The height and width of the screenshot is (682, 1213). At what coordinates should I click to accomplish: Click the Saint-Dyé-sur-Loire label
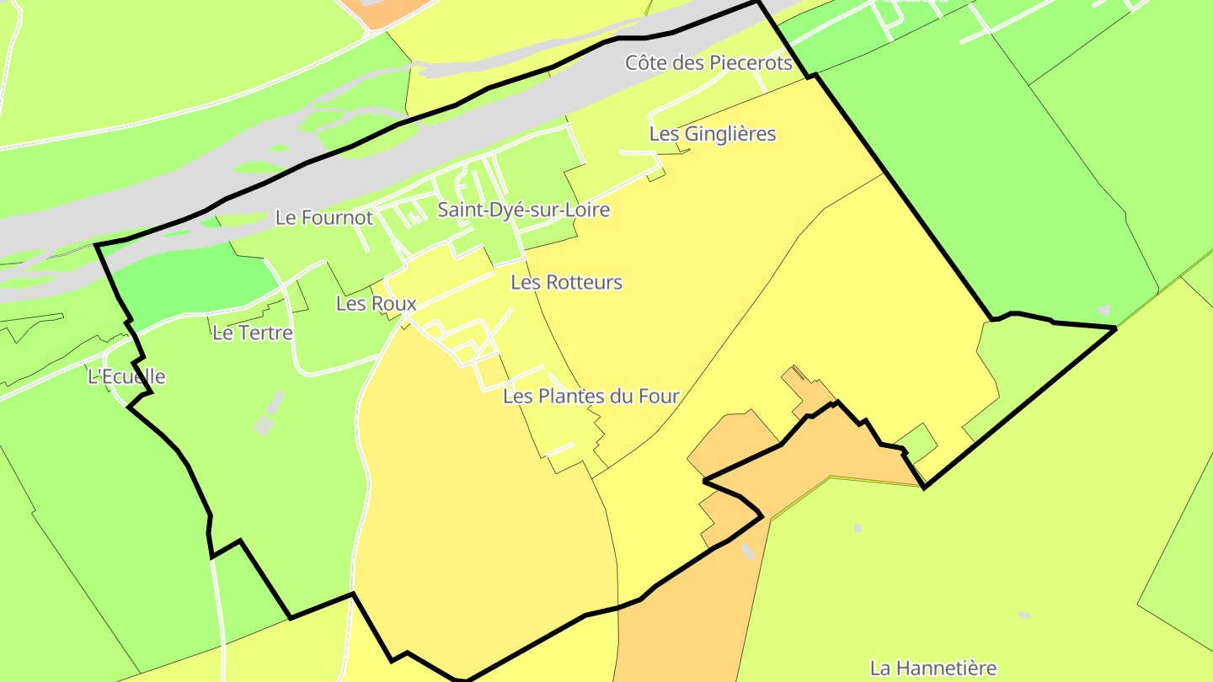coord(523,210)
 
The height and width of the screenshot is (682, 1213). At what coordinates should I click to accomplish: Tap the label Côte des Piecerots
coord(708,63)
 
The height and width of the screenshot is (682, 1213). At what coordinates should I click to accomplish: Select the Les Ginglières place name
coord(712,134)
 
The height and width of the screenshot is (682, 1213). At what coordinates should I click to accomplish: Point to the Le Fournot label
coord(323,218)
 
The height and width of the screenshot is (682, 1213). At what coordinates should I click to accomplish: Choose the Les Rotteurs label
coord(566,283)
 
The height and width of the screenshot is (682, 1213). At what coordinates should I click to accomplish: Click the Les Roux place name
coord(376,304)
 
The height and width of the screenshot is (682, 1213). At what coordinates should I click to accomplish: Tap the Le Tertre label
coord(252,333)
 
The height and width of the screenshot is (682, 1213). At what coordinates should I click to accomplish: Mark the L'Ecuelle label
coord(126,377)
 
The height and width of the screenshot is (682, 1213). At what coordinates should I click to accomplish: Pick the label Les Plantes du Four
coord(590,396)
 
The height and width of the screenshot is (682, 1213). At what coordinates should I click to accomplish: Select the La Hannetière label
coord(932,669)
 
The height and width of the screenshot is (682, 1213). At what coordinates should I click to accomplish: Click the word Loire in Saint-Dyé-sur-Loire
coord(586,210)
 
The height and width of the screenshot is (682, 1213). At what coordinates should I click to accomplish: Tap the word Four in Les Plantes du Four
coord(660,396)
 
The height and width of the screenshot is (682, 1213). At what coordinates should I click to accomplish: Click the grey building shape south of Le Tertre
coord(269,414)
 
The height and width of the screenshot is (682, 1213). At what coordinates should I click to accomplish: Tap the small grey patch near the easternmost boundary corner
coord(1103,310)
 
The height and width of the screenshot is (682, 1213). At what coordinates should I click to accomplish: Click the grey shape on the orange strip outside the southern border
coord(747,551)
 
